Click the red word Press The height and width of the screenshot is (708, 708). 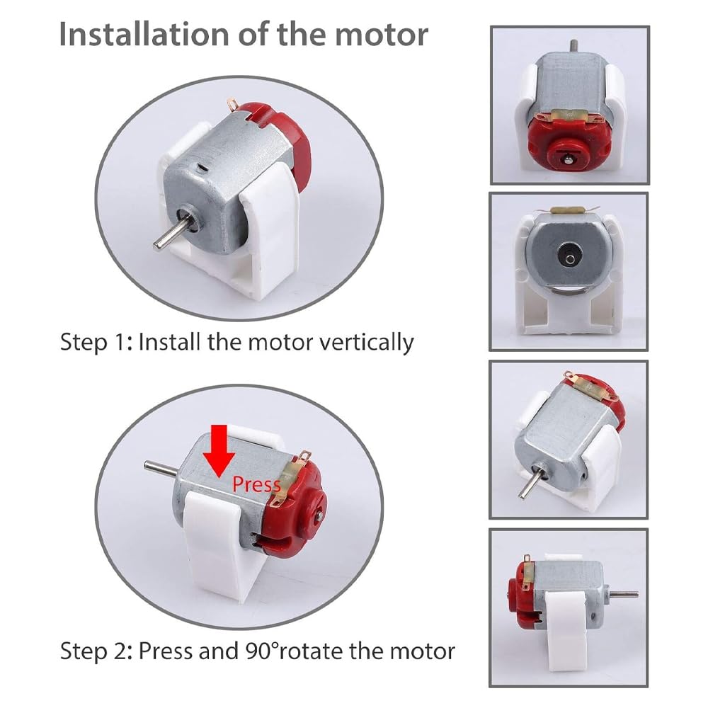[x=256, y=484]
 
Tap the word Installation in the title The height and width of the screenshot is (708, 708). [x=144, y=34]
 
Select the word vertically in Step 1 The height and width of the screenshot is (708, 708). [x=366, y=343]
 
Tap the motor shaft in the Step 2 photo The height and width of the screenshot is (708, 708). [x=161, y=468]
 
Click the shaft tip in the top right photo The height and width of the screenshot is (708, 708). [x=573, y=45]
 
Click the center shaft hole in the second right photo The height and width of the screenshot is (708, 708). [x=570, y=258]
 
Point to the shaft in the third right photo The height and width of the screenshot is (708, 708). [x=528, y=481]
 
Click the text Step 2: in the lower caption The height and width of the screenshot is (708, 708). [x=96, y=651]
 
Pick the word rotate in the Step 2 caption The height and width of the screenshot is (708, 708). [x=310, y=651]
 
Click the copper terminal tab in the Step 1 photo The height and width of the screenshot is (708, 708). [x=233, y=104]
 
